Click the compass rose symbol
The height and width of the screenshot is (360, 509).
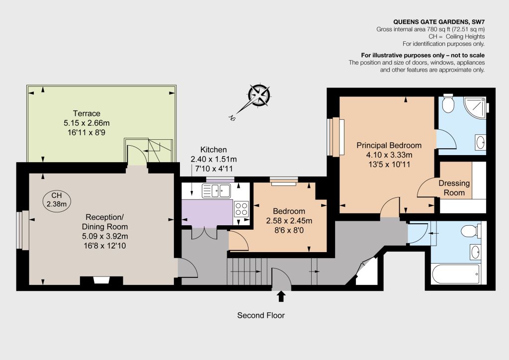[x=258, y=95]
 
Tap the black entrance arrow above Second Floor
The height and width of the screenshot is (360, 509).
[x=281, y=296]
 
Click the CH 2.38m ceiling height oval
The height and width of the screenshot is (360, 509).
[x=57, y=199]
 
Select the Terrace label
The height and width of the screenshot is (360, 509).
[x=86, y=113]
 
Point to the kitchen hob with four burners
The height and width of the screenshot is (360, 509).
[x=241, y=209]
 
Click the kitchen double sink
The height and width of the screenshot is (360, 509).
[x=216, y=190]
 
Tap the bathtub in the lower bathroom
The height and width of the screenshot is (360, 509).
[x=456, y=274]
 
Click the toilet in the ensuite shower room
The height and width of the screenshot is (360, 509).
[x=448, y=103]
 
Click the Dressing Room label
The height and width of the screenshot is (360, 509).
[x=454, y=188]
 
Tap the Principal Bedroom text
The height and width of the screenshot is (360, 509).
[x=389, y=145]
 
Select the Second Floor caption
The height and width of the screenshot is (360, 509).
[x=260, y=315]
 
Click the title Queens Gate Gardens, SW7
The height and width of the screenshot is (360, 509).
[x=439, y=22]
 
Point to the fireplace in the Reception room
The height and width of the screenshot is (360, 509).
[x=101, y=280]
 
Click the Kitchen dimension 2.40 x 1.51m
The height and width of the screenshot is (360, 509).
[x=214, y=159]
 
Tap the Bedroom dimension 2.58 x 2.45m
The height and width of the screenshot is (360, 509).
[x=289, y=221]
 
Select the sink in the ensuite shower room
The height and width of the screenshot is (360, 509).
[x=481, y=142]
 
